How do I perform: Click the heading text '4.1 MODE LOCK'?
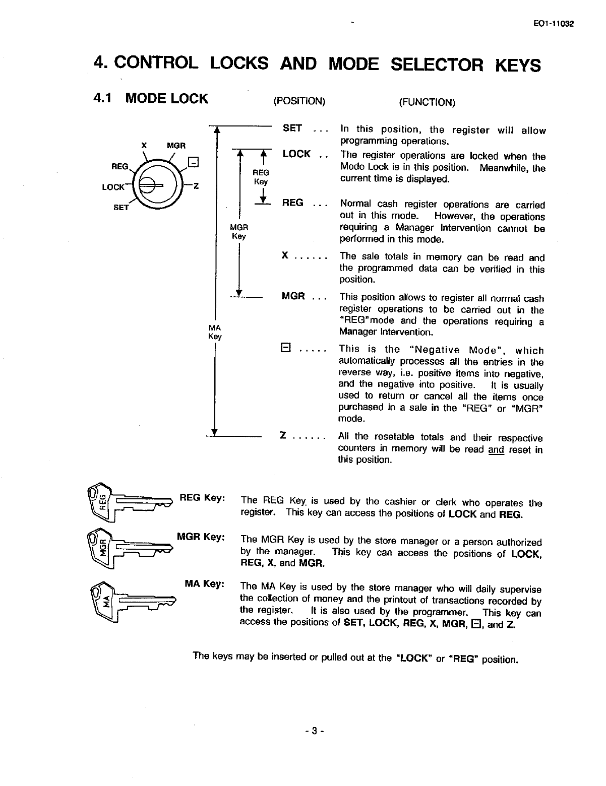pos(151,98)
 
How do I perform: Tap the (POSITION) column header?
pos(299,101)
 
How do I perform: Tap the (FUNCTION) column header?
pos(427,102)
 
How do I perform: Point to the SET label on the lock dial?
pos(121,207)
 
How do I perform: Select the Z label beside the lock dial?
pos(197,186)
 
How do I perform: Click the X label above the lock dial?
pos(144,146)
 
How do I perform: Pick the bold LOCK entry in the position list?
pos(296,154)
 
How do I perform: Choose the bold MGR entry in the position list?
pos(293,296)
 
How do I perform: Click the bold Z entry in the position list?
pos(283,436)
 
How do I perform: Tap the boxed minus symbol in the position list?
pos(284,348)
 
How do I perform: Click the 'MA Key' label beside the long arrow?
pos(215,332)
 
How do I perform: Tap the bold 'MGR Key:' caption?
pos(200,537)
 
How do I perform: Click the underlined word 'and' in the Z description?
pos(496,449)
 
